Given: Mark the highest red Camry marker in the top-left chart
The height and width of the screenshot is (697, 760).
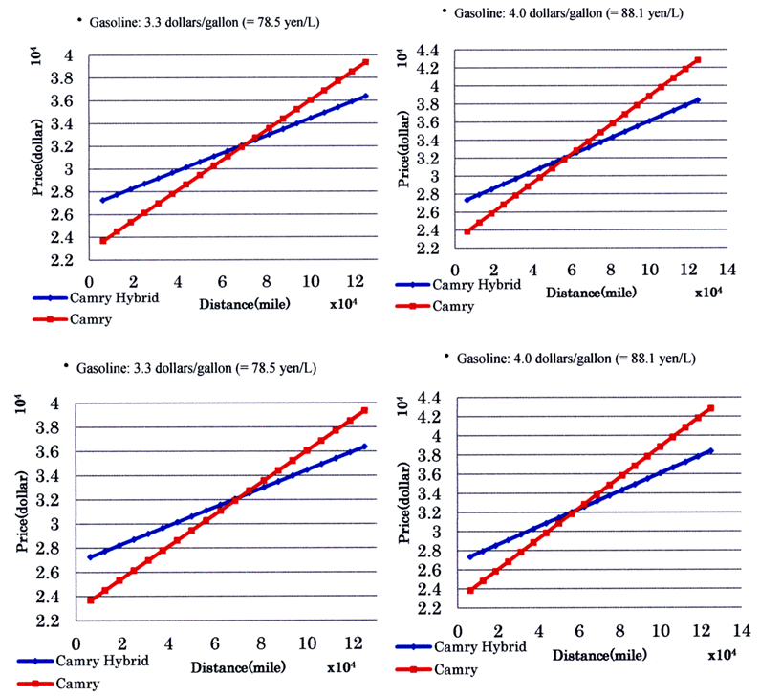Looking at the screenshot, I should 364,62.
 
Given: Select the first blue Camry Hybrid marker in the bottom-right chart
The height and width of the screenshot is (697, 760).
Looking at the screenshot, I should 470,556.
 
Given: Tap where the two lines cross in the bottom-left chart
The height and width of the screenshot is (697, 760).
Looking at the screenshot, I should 232,499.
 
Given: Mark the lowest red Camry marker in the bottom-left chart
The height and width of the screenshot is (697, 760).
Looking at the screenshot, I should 90,599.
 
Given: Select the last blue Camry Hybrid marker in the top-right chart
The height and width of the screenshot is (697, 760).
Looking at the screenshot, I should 698,99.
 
